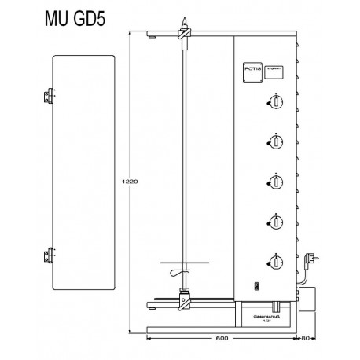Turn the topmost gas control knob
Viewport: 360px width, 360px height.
[x=275, y=101]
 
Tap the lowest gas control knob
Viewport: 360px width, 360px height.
[x=275, y=262]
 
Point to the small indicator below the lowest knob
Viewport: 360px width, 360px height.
[x=253, y=286]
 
